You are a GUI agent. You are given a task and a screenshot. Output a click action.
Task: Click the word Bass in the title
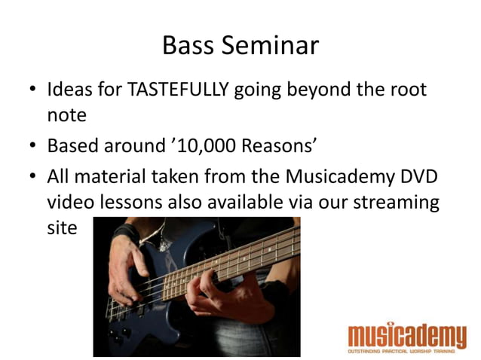click(188, 45)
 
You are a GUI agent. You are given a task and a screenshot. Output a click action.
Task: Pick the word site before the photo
click(62, 227)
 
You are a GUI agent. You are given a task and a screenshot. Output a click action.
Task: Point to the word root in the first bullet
click(406, 91)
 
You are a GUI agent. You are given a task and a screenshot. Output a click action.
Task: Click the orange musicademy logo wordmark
click(407, 334)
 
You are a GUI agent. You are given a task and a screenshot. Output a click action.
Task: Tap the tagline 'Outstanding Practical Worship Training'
click(407, 352)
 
